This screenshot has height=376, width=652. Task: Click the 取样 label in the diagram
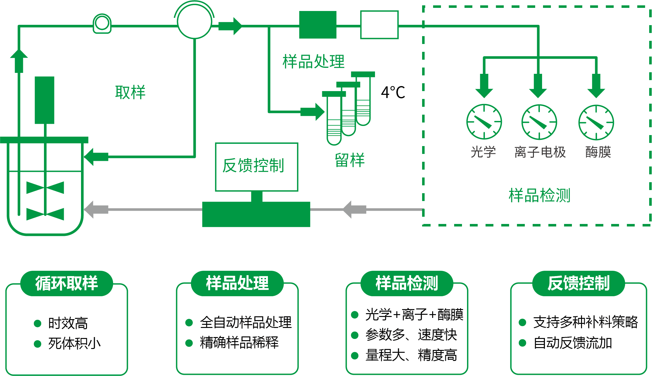coord(130,92)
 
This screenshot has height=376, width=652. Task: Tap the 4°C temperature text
coord(393,92)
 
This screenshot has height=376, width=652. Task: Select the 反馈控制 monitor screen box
coord(256,166)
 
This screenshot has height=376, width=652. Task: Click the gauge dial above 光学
coord(484,122)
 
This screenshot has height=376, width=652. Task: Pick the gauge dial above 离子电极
coord(539,122)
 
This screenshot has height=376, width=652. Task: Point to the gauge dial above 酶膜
coord(596,123)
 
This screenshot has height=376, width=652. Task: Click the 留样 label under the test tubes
coord(350,160)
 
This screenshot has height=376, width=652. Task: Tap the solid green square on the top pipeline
coord(318,25)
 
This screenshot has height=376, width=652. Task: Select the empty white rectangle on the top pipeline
coord(379,25)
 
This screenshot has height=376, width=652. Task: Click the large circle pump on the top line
coord(194,22)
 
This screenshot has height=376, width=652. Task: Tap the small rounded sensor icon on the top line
coord(102,24)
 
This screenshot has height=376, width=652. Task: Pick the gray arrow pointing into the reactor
coord(96,210)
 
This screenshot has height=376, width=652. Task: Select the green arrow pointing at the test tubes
coord(312,112)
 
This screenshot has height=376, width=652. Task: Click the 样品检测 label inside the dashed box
coord(539,195)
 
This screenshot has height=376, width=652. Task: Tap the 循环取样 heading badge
coord(67,283)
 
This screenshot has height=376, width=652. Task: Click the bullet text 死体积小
coord(74,343)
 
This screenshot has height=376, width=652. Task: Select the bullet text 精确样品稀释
coord(239,343)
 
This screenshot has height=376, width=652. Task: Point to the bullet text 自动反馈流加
coord(573,343)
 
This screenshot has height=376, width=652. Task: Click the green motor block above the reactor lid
coord(44,100)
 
